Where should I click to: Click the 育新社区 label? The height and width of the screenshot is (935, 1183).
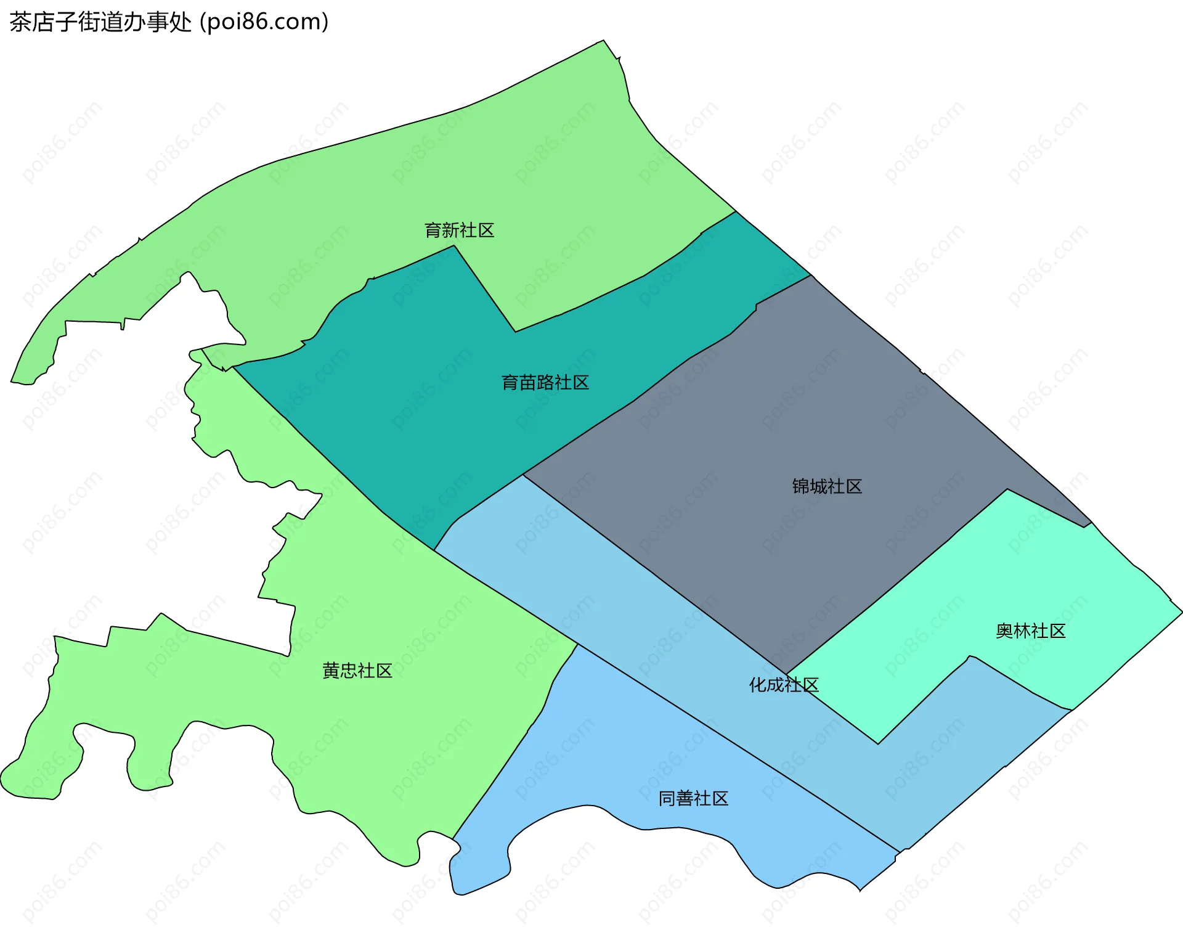click(459, 231)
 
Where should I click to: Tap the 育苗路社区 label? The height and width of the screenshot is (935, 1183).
click(545, 383)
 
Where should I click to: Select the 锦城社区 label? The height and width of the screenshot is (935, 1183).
click(827, 487)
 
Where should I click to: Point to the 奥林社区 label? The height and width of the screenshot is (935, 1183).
click(1030, 631)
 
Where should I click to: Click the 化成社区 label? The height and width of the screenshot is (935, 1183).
click(784, 685)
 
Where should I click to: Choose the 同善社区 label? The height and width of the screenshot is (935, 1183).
click(693, 799)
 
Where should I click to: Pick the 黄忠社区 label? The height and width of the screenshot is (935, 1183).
click(357, 671)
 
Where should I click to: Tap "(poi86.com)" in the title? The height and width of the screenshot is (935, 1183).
click(264, 22)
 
